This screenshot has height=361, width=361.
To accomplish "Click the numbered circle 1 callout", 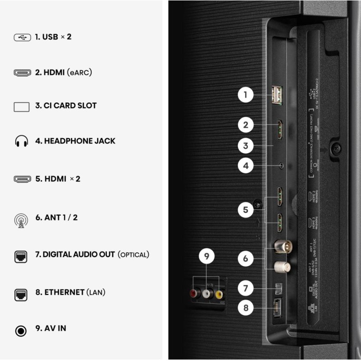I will (x=245, y=95).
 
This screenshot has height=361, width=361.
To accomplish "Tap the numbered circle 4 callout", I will (x=245, y=166).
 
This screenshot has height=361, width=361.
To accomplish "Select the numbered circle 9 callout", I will (x=207, y=257).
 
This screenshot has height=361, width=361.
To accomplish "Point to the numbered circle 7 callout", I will (x=245, y=287).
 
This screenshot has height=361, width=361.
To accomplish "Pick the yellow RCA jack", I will (x=219, y=295).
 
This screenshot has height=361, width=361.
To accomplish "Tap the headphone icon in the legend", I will (x=21, y=141).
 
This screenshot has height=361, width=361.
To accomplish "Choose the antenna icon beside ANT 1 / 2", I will (x=21, y=218).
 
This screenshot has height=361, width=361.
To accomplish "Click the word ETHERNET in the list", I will (x=64, y=292).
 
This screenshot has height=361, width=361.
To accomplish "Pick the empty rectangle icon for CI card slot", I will (x=21, y=106).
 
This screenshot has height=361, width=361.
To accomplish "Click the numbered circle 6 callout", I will (x=245, y=259).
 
